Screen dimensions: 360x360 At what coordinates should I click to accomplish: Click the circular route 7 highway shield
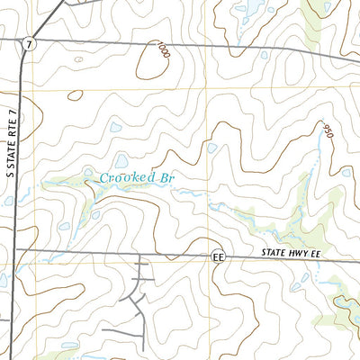pyautogui.click(x=30, y=44)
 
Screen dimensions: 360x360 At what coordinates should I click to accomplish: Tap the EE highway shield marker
pyautogui.click(x=217, y=256)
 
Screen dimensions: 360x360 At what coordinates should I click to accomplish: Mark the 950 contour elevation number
pyautogui.click(x=326, y=130)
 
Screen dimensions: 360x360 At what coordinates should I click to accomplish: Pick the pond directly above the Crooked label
pyautogui.click(x=121, y=160)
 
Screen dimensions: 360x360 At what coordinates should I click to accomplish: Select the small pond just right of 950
pyautogui.click(x=346, y=171)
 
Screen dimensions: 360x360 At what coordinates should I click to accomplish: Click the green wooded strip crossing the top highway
pyautogui.click(x=310, y=49)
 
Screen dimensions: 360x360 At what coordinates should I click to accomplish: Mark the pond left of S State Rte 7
pyautogui.click(x=4, y=280)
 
